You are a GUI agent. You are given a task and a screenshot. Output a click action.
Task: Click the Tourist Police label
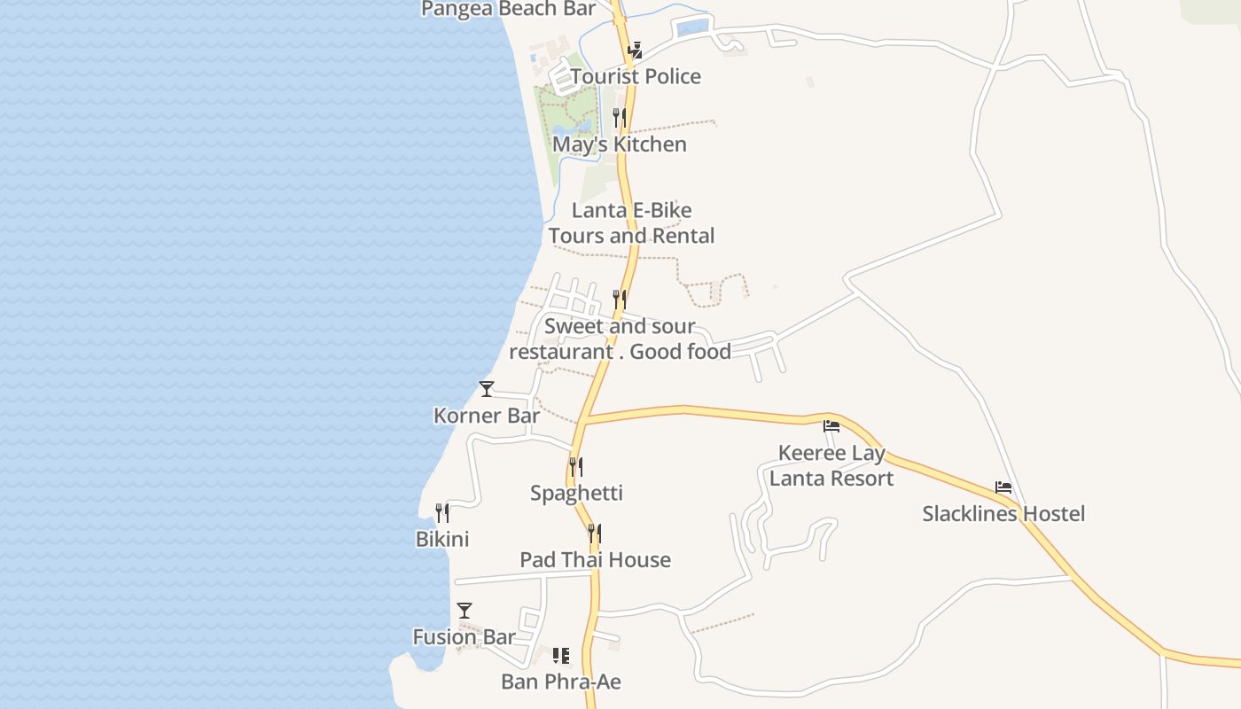click(636, 76)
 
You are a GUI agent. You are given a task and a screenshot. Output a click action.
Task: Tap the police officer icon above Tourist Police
click(635, 51)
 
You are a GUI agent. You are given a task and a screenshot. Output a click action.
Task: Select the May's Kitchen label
click(620, 144)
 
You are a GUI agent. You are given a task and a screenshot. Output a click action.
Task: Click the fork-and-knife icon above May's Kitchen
click(620, 117)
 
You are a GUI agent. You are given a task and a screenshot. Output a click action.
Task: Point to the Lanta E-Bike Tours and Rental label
click(631, 223)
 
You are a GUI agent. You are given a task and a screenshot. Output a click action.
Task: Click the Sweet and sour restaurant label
click(620, 339)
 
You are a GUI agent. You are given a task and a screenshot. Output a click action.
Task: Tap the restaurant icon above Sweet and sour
click(620, 299)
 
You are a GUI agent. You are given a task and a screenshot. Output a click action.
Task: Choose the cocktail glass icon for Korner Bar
click(487, 388)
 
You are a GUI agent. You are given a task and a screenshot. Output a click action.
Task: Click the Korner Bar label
click(487, 415)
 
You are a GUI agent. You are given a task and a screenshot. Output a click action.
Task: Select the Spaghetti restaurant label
click(576, 493)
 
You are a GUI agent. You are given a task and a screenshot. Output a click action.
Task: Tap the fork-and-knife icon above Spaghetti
click(576, 466)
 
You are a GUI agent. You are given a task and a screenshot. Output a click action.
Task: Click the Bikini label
click(442, 539)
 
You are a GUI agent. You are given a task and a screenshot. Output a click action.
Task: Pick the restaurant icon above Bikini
click(442, 512)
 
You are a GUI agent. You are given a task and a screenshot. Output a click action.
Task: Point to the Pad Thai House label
click(595, 560)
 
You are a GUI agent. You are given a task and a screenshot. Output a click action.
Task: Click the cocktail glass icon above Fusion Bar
click(464, 610)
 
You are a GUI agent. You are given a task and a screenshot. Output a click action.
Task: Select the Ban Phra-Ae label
click(561, 682)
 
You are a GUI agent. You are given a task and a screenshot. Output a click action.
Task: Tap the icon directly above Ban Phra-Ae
click(561, 656)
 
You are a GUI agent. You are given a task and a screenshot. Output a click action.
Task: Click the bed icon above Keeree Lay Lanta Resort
click(831, 426)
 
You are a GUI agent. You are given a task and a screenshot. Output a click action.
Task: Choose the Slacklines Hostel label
click(1003, 514)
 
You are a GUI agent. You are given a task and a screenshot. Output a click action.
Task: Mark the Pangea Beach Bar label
click(508, 9)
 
